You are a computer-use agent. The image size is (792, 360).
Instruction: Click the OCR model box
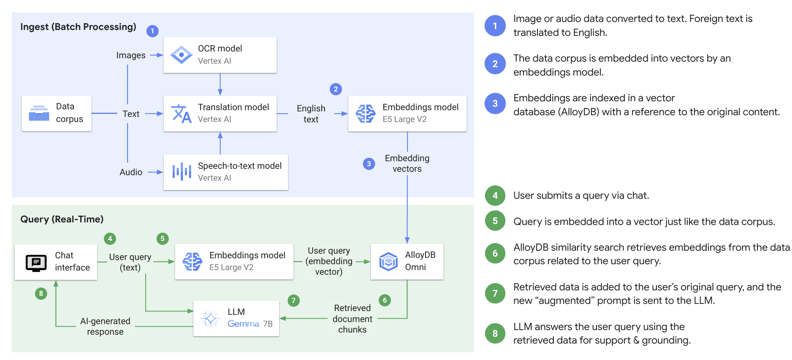(x=220, y=55)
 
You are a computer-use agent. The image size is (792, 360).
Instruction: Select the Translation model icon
(x=181, y=114)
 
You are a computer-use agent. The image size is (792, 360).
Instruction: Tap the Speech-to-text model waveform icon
(x=182, y=172)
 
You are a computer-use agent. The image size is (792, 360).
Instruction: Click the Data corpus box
(x=57, y=113)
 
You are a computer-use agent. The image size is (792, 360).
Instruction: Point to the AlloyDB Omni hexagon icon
(x=388, y=261)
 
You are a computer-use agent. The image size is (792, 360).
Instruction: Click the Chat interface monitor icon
(x=36, y=263)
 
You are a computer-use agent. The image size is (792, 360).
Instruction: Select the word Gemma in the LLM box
(x=243, y=324)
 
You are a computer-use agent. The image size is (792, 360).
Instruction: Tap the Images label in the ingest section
(x=131, y=55)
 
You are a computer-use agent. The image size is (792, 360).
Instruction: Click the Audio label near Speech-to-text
(x=131, y=172)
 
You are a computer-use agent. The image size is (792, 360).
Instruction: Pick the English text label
(x=311, y=114)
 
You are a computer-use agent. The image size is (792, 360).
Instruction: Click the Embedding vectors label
(x=407, y=163)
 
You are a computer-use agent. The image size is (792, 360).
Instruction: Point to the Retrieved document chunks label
(x=353, y=319)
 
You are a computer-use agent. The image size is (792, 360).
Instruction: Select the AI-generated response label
(x=105, y=326)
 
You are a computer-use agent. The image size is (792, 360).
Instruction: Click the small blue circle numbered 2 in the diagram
(x=336, y=89)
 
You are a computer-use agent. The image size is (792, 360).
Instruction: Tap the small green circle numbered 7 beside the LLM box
(x=293, y=300)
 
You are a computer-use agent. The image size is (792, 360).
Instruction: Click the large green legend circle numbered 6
(x=495, y=253)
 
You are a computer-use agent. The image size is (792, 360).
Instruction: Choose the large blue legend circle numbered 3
(x=495, y=103)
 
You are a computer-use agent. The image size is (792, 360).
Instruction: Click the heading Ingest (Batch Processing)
(x=78, y=27)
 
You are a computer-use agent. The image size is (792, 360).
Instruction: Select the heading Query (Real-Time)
(x=62, y=219)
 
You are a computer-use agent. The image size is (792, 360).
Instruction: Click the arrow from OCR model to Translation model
(x=220, y=84)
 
